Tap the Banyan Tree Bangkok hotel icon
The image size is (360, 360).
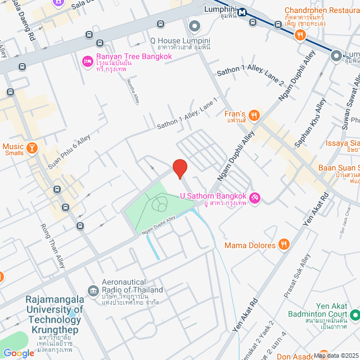87,61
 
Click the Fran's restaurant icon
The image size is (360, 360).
254,115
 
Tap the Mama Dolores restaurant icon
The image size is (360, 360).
285,245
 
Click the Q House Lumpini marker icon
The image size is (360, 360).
195,26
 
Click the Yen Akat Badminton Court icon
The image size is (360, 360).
354,314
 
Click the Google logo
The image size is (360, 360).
18,353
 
